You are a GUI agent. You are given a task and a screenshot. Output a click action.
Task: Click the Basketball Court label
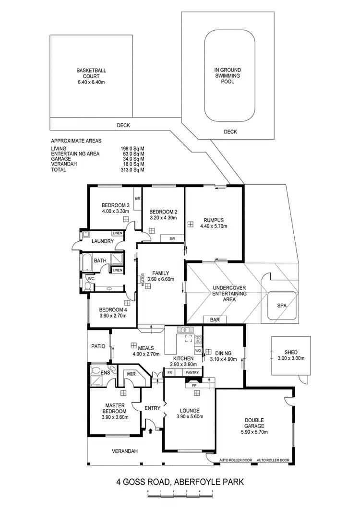91,76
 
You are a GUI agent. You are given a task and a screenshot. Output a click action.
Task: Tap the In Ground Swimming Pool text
228,76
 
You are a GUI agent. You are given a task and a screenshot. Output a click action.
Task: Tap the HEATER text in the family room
143,280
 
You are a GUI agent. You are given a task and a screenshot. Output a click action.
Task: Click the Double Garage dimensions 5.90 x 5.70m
253,432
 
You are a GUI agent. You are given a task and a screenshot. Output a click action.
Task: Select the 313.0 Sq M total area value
132,170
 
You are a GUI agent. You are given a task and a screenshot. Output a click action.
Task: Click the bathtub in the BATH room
87,262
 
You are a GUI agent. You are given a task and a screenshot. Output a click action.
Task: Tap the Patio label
98,346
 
